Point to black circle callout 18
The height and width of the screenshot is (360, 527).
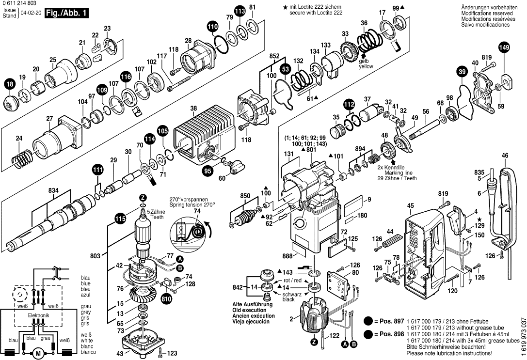(10, 84)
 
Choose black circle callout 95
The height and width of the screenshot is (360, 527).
(208, 170)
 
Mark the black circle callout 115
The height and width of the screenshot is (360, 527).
(120, 219)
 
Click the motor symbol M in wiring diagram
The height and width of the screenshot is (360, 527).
(38, 353)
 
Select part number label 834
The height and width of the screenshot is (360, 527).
(53, 191)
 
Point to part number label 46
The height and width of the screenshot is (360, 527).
(505, 156)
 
